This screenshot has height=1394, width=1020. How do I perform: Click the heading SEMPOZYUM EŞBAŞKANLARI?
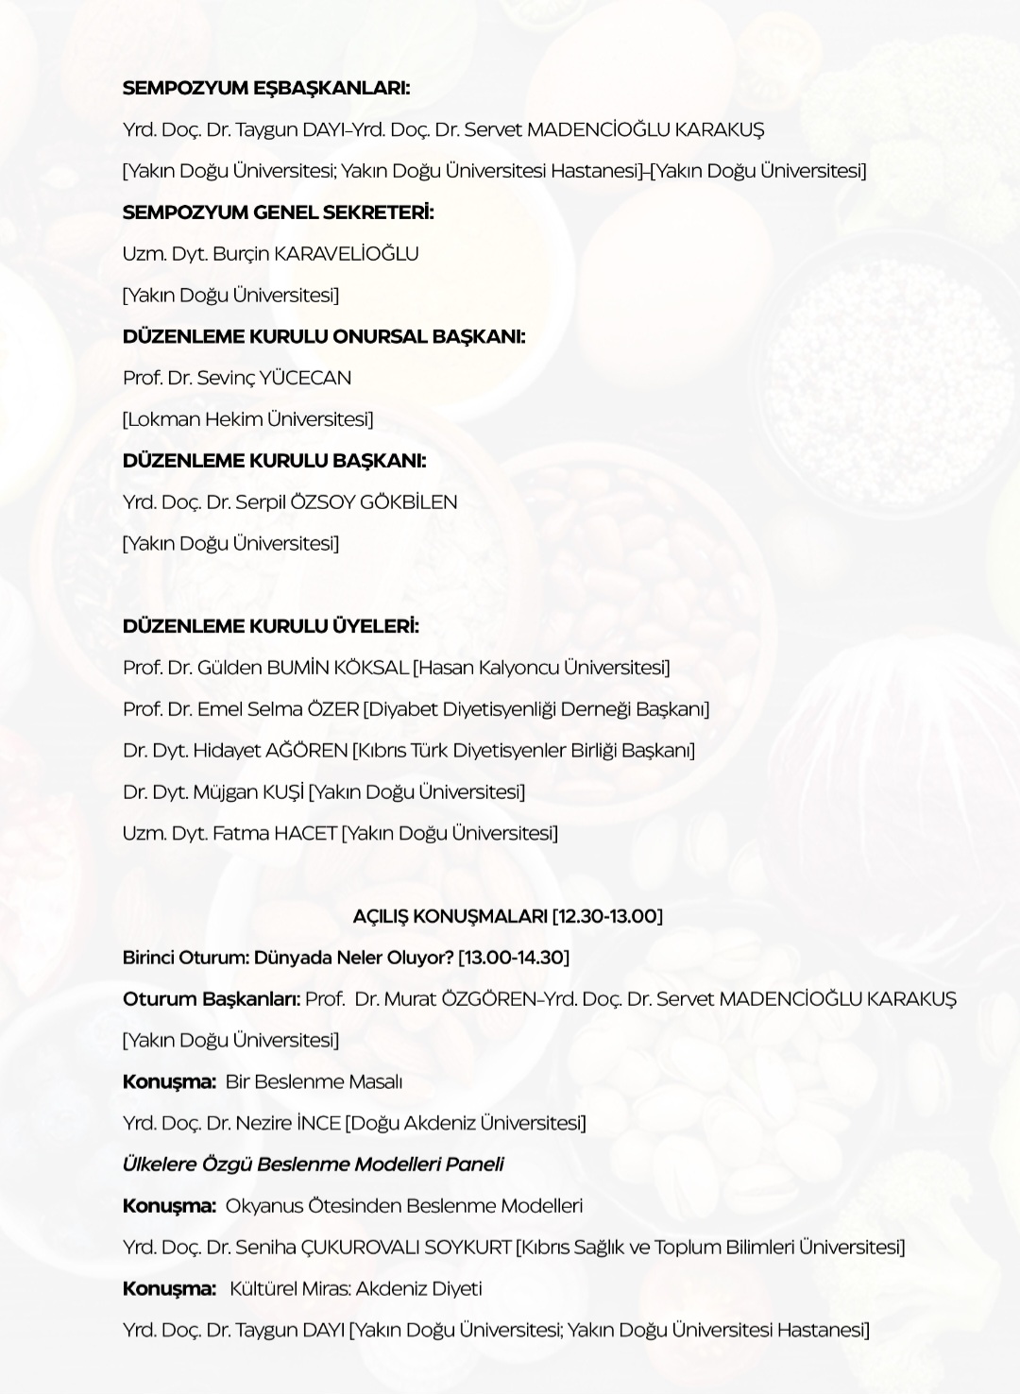[x=266, y=88]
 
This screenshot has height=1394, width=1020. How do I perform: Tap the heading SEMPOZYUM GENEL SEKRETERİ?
[x=278, y=212]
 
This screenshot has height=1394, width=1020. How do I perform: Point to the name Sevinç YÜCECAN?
[x=274, y=378]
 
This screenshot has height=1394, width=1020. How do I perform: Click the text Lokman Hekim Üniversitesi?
[x=247, y=418]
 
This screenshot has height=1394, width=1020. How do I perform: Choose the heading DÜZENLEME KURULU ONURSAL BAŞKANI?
[x=324, y=336]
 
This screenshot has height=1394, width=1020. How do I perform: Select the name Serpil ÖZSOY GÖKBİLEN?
[x=347, y=501]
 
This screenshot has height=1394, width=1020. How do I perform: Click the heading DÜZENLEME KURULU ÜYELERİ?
[x=270, y=625]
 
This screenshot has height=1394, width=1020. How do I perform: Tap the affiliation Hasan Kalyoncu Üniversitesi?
[x=542, y=667]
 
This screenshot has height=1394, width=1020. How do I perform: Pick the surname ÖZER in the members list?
[x=332, y=708]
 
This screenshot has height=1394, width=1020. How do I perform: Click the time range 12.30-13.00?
[x=607, y=915]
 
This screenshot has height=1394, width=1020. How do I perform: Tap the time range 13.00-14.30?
[x=514, y=957]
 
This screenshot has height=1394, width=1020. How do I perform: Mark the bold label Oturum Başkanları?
[x=211, y=998]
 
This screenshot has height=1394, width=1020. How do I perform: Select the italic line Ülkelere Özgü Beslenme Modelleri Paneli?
[x=313, y=1164]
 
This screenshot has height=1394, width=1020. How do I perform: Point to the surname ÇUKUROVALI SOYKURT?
[x=405, y=1247]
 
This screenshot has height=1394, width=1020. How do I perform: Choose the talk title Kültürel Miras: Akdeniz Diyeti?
[x=356, y=1288]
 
